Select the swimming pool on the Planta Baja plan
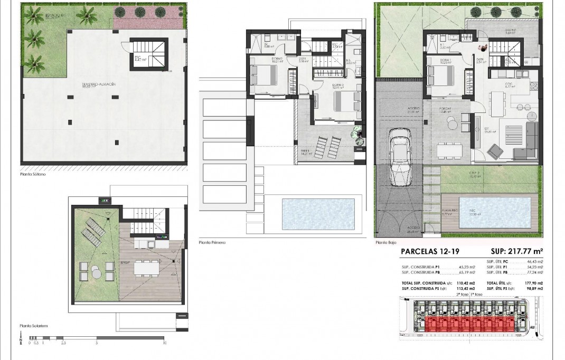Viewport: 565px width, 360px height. pos(495,211)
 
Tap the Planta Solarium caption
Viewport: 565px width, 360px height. pos(34,326)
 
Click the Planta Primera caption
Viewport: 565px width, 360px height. pos(212,242)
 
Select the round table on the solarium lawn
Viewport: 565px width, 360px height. pos(96,271)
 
